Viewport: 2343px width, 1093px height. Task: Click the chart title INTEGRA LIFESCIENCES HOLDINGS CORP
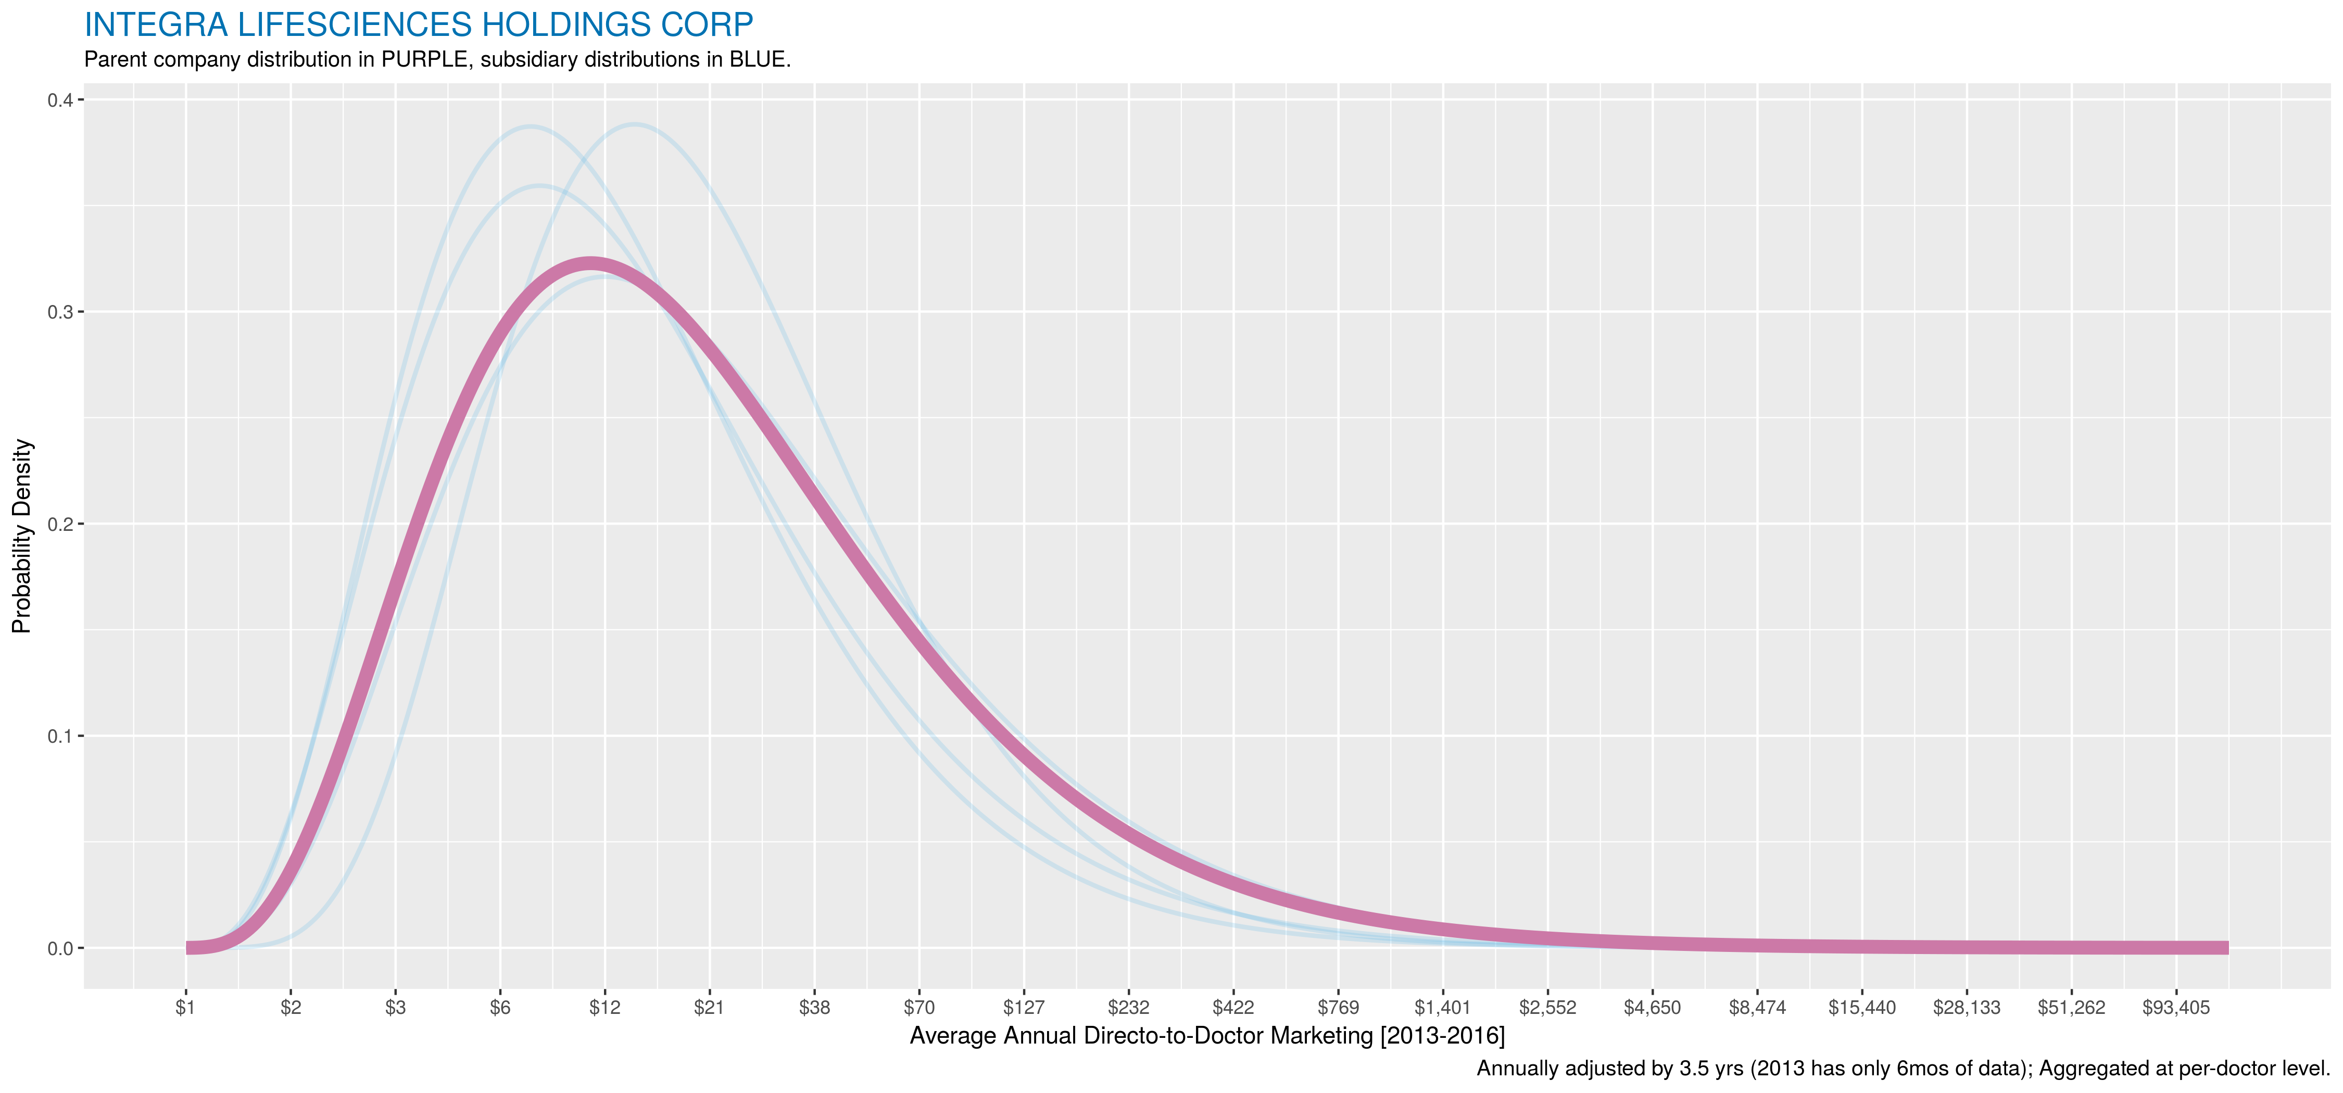419,24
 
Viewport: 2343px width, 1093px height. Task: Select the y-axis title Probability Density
22,537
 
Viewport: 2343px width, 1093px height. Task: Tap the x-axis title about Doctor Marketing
1207,1036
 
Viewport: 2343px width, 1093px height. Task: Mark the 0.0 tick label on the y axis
60,948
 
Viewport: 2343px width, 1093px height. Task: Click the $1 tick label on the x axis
185,1008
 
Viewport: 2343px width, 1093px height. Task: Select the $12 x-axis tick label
605,1008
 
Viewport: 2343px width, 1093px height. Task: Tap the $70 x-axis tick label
918,1008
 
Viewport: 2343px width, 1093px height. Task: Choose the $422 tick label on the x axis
1233,1008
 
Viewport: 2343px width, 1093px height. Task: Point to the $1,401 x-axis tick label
1443,1008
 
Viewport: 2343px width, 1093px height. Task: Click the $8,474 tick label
1757,1008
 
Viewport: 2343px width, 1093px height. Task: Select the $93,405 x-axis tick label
2176,1008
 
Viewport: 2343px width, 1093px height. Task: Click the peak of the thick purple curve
590,264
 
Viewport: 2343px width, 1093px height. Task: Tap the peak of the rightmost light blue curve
634,124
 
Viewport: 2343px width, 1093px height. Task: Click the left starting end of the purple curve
189,947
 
